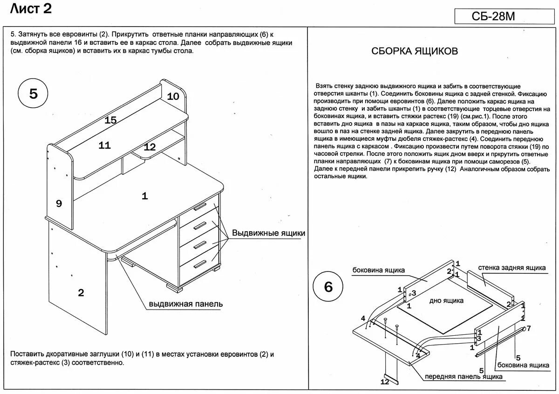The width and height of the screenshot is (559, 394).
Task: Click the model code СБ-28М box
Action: coord(501,17)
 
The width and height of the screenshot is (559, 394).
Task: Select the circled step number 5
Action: coord(34,94)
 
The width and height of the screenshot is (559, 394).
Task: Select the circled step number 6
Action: coord(328,287)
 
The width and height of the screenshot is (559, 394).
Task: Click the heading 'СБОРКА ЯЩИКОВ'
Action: coord(415,51)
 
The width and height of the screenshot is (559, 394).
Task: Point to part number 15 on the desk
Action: coord(110,120)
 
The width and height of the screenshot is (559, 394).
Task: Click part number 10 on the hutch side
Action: coord(173,97)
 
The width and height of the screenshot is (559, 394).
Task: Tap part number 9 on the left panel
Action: coord(59,203)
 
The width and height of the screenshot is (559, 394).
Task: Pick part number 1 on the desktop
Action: coord(145,196)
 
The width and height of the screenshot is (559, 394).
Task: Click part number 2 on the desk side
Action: coord(81,293)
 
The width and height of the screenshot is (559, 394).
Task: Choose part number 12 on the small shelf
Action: coord(150,147)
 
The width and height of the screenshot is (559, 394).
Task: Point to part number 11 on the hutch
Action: coord(104,145)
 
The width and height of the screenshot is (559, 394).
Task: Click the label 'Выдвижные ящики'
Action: coord(269,233)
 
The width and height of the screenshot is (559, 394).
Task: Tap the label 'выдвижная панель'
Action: coord(186,304)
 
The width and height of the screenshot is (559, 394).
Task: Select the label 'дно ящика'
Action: coord(446,301)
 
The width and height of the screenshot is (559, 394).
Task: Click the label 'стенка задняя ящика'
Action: coord(512,268)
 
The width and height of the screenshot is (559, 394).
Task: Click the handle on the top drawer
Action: coord(200,206)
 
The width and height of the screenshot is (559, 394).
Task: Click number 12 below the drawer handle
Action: coord(384,382)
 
